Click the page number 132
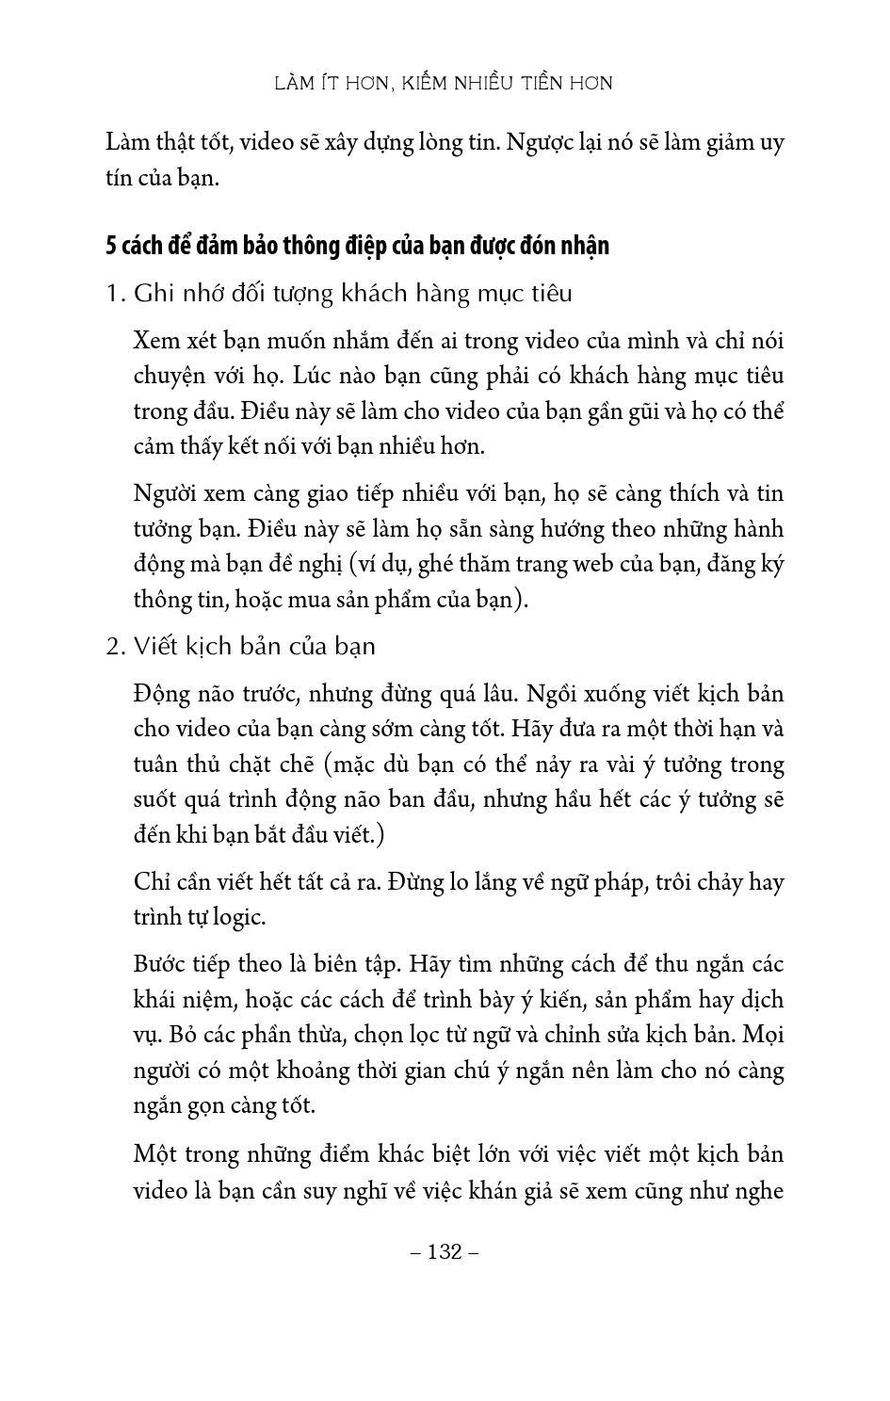pos(445,1251)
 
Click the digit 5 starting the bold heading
pos(111,246)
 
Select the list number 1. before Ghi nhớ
pos(115,294)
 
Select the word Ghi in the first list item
pos(151,294)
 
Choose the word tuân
pos(154,765)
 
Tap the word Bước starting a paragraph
pos(161,964)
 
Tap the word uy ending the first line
pos(772,143)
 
